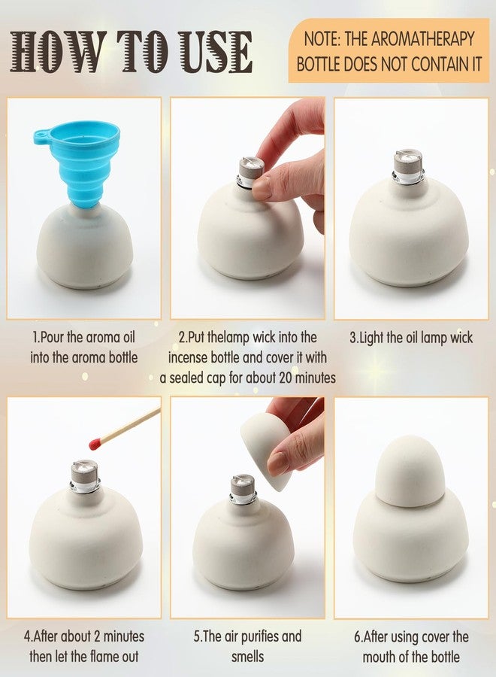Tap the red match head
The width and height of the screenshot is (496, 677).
[x=95, y=444]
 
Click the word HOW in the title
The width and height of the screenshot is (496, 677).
[x=48, y=53]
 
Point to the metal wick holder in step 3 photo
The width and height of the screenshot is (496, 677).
[x=409, y=168]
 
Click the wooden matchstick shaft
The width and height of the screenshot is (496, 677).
[x=132, y=426]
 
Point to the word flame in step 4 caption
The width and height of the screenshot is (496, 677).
[x=108, y=656]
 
